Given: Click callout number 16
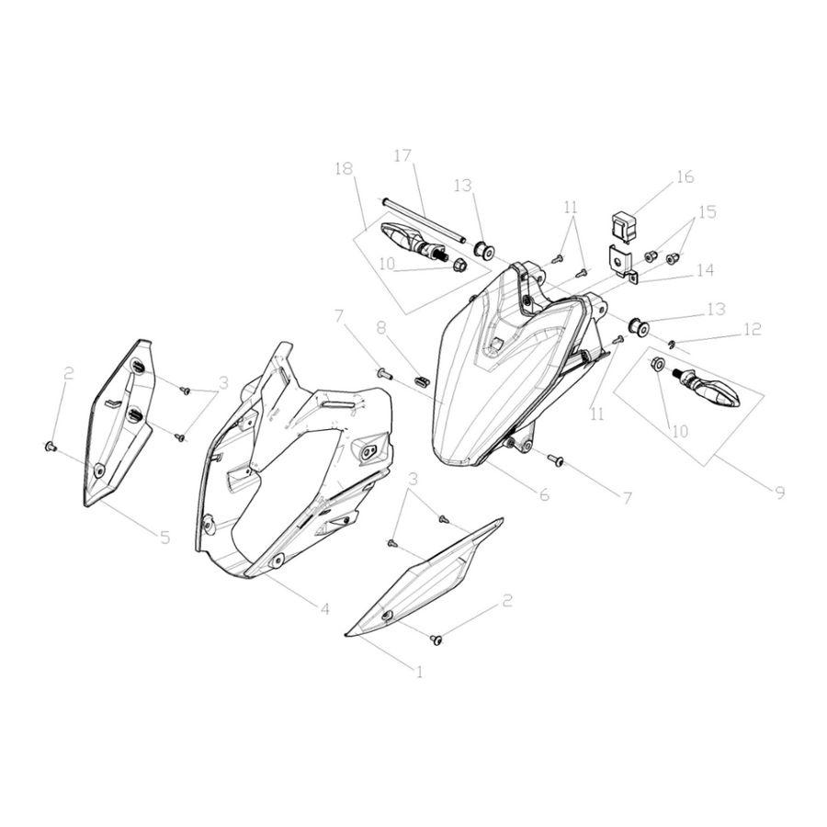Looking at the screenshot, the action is click(685, 176).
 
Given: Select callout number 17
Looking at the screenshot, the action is click(402, 156).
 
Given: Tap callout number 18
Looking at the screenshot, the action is click(344, 169).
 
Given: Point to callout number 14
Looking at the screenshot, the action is click(705, 270).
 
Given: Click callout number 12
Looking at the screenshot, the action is click(753, 329).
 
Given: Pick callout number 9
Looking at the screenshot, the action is click(779, 493).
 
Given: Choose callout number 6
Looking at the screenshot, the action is click(544, 494).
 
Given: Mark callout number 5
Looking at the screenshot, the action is click(165, 538).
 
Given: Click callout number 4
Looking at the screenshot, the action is click(325, 609).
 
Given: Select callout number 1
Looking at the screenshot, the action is click(419, 672).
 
